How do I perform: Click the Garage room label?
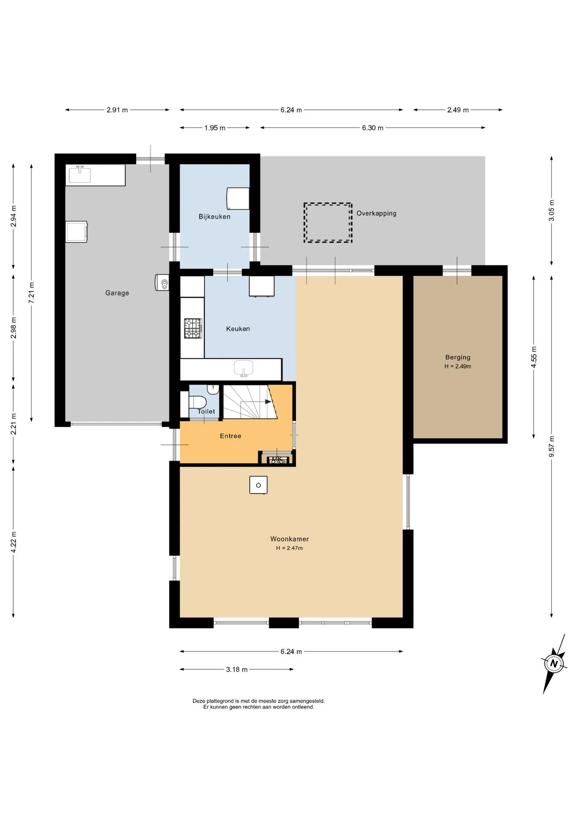(x=117, y=293)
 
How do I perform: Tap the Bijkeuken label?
(x=215, y=217)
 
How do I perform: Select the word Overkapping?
(x=376, y=214)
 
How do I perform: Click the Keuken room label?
(x=238, y=329)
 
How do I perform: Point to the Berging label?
(x=458, y=357)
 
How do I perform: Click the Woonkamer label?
(x=289, y=539)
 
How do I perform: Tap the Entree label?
(x=231, y=436)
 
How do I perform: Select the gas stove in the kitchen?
(x=193, y=329)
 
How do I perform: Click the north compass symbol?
(x=554, y=663)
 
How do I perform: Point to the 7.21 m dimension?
(x=31, y=293)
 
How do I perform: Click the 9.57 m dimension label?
(x=552, y=447)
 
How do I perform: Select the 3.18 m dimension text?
(x=237, y=669)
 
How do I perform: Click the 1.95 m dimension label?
(x=215, y=128)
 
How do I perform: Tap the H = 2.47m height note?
(x=289, y=548)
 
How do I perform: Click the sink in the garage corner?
(x=80, y=174)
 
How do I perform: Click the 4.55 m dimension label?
(x=534, y=357)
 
